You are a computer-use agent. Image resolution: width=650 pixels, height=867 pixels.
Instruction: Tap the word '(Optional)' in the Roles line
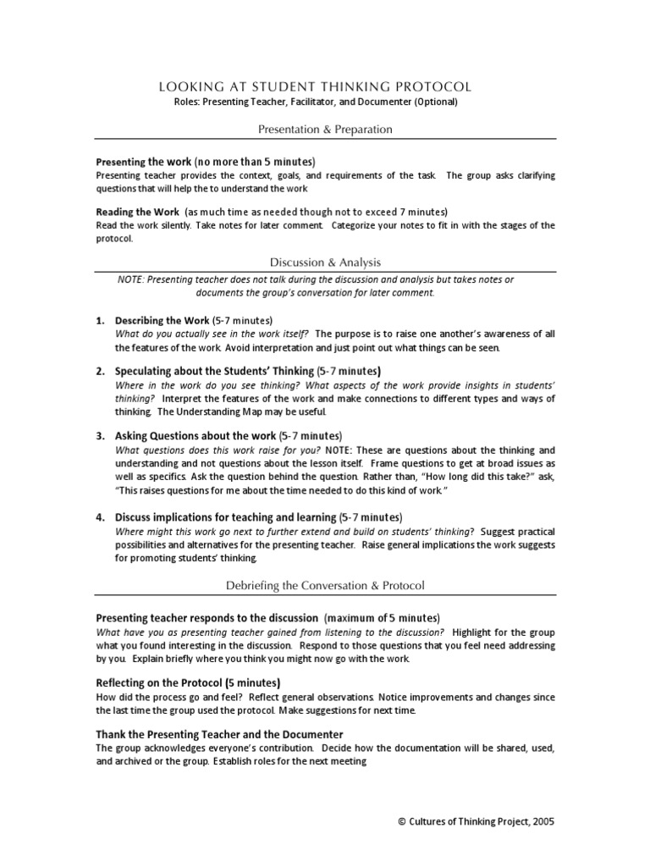[436, 102]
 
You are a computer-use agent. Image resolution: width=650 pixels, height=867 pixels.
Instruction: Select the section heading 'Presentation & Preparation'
[325, 130]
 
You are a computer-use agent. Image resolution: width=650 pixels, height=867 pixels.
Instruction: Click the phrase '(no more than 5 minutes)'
[254, 161]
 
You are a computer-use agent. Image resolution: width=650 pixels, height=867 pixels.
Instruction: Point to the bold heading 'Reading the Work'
[137, 211]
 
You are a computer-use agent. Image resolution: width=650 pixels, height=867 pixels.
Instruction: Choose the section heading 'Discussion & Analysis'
[325, 262]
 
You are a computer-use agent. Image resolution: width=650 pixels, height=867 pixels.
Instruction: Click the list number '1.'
[100, 321]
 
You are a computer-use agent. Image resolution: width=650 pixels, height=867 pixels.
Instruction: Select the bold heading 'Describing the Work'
[162, 321]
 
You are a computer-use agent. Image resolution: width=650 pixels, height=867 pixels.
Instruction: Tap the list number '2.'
[100, 371]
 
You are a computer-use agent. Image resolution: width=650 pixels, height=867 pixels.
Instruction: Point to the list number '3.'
[100, 435]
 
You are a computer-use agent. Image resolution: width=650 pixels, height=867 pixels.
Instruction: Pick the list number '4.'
[100, 516]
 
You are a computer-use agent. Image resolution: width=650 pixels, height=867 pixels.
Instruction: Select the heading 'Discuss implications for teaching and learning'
[225, 516]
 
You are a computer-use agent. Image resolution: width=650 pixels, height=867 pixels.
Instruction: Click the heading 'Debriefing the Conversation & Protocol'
[325, 585]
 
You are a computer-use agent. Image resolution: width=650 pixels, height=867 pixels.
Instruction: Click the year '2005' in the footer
[543, 822]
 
